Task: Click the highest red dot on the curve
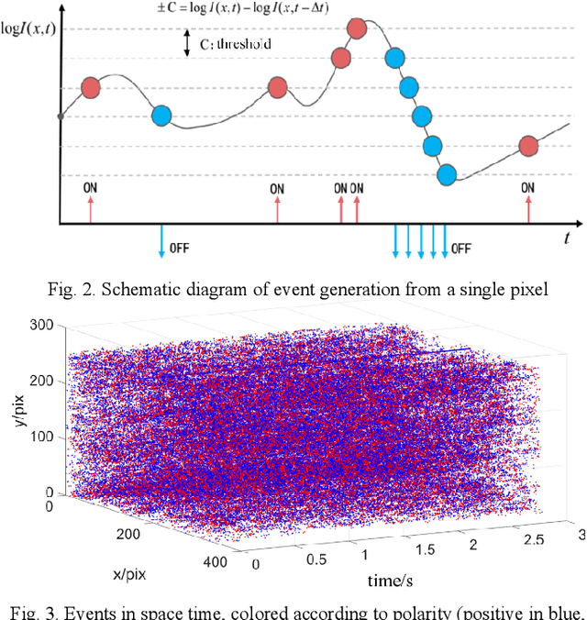point(357,28)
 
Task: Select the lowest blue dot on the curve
point(447,173)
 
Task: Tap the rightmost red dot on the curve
point(527,146)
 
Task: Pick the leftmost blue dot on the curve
point(161,116)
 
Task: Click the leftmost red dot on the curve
point(91,87)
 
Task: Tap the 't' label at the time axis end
point(568,238)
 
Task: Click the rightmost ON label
point(527,188)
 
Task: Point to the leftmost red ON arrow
point(90,212)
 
